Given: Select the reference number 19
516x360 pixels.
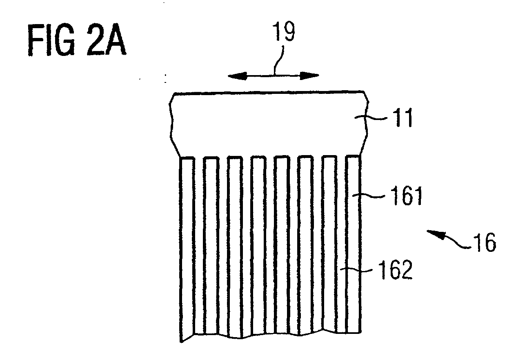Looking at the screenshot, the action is coord(284,31).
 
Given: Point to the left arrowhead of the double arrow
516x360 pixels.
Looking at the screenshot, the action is coord(237,76).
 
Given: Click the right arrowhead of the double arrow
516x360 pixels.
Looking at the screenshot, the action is coord(309,76).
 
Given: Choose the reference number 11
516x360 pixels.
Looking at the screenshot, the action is coord(404,118).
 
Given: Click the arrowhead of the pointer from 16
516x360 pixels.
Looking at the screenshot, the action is coord(435,234).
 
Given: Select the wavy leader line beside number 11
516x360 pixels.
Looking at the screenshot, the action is coord(371,118).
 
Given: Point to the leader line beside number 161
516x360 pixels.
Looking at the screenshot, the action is coord(369,196).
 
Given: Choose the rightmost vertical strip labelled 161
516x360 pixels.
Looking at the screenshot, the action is coord(353,244).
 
